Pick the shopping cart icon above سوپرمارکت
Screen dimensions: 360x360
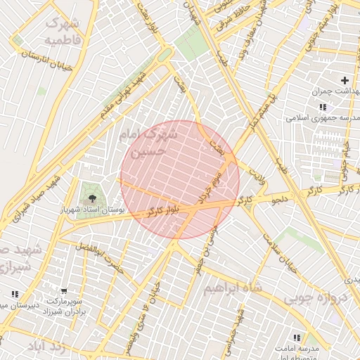[x=64, y=290]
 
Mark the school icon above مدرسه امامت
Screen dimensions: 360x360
[x=295, y=338]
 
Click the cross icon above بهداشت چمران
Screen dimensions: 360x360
[x=345, y=80]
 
